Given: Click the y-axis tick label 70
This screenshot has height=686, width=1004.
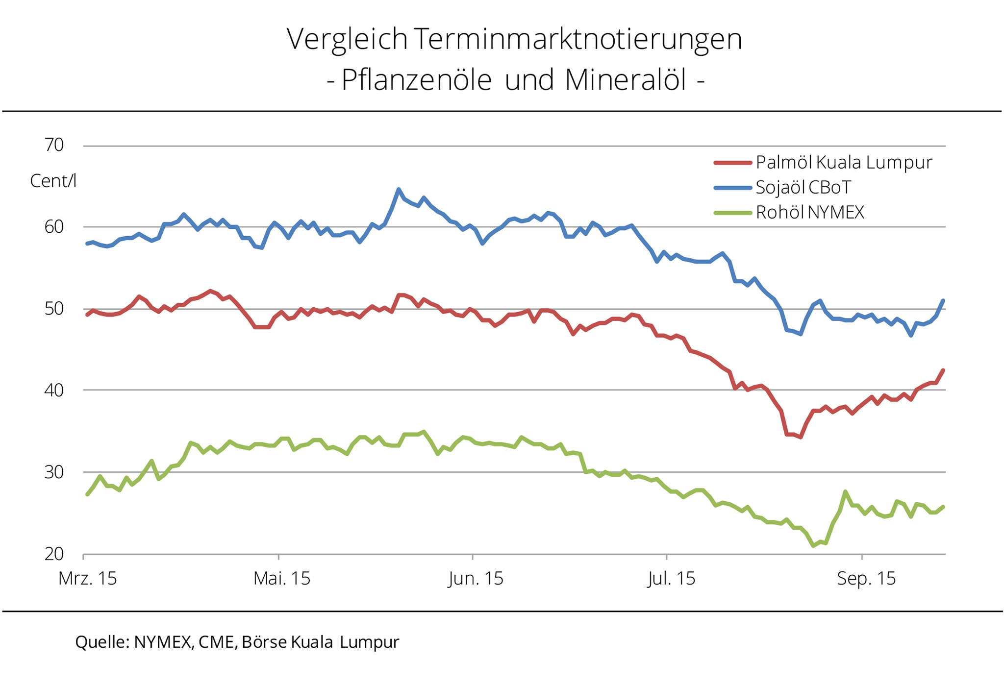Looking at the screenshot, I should click(54, 145).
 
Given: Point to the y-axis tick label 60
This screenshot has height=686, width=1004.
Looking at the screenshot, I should click(54, 227).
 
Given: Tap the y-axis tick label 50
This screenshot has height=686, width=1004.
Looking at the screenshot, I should click(54, 309).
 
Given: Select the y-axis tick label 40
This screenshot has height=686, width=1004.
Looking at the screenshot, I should click(54, 391).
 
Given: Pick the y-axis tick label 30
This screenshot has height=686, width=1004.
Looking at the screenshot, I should click(54, 472).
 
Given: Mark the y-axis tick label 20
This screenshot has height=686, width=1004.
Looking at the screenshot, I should click(54, 554).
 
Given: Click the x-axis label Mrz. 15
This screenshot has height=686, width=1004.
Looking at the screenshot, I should click(87, 579).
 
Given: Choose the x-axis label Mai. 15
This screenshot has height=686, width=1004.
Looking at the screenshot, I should click(282, 579).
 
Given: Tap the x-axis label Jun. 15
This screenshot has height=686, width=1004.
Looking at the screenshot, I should click(476, 579).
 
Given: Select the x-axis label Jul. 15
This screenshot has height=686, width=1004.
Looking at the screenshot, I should click(671, 579).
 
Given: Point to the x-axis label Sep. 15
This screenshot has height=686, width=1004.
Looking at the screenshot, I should click(866, 579).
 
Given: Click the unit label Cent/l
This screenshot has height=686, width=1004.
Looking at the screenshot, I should click(53, 181).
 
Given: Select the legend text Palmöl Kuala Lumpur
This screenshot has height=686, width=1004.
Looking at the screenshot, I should click(844, 162).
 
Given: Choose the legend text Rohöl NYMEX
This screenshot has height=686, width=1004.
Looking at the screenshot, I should click(810, 212).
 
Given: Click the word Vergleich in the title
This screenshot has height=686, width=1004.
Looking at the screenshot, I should click(347, 39).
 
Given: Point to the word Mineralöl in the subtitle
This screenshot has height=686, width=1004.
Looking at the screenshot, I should click(625, 80).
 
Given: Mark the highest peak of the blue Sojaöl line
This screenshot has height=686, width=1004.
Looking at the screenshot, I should click(399, 189).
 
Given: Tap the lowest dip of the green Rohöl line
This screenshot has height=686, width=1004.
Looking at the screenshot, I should click(813, 545).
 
